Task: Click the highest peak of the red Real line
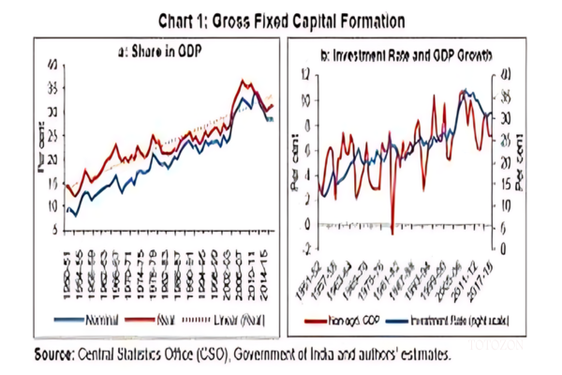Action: [244, 82]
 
